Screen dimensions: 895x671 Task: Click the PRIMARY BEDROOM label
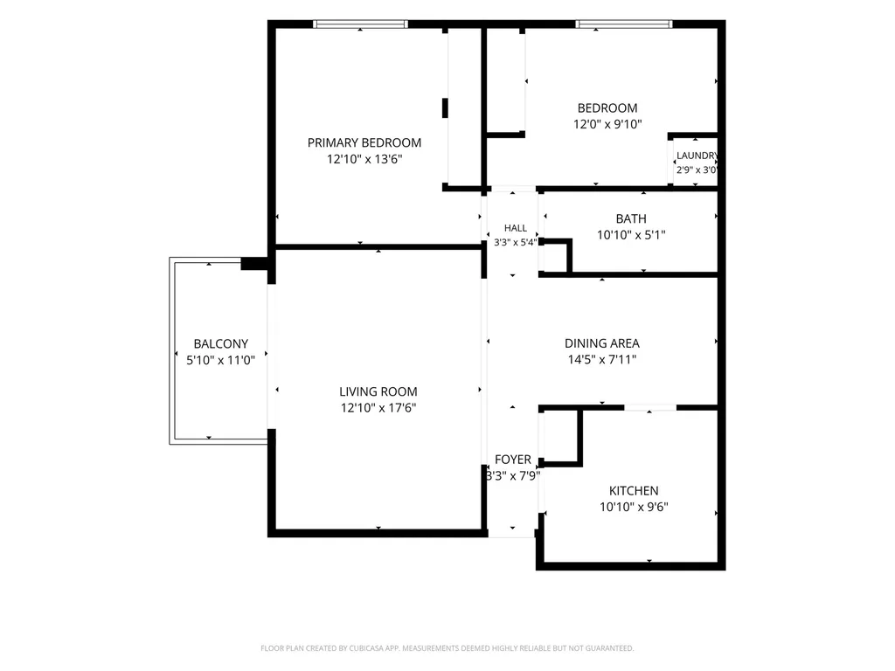coord(364,142)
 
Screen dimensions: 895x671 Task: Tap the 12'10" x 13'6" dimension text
coord(364,159)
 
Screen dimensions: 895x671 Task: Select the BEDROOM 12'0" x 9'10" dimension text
coord(607,124)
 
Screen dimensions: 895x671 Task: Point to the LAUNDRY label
coord(697,156)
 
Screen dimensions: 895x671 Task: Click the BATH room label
coord(631,218)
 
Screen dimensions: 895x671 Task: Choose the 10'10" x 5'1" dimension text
coord(631,235)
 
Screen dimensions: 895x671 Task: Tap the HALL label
coord(516,228)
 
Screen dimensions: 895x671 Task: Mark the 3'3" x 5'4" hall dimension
coord(515,243)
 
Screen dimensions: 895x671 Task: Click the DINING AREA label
coord(601,343)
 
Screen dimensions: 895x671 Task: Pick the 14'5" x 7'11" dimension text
coord(601,359)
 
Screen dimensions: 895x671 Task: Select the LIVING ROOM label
coord(378,392)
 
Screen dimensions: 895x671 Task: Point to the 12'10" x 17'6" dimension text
coord(378,408)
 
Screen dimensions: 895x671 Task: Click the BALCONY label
coord(221,344)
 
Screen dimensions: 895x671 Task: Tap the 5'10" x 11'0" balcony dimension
coord(220,360)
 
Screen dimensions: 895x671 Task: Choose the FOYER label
coord(512,460)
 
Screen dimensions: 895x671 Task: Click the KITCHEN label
coord(634,491)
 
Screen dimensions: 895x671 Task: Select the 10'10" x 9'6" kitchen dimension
coord(634,507)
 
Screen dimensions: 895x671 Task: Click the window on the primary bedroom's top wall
coord(360,24)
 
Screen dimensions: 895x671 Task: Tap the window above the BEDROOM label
coord(624,24)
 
